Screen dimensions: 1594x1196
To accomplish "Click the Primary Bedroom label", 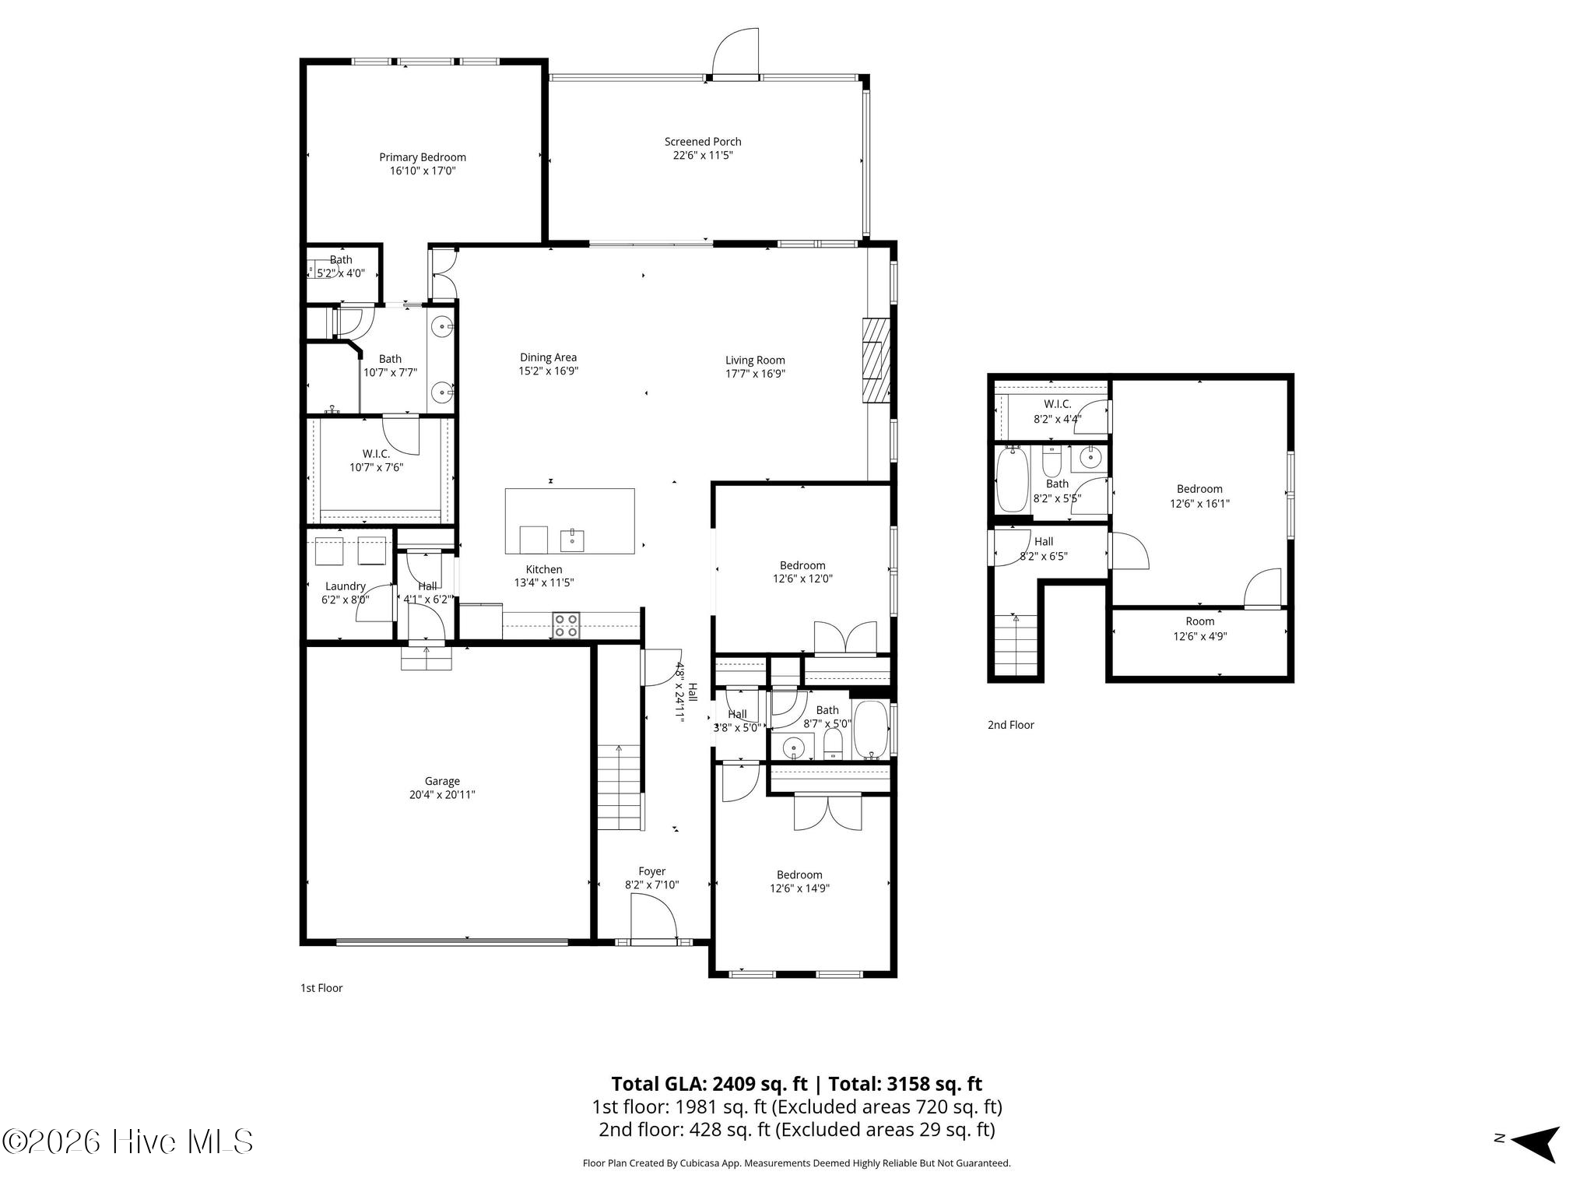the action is [x=423, y=157].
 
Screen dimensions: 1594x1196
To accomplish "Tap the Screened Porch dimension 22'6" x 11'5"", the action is [x=703, y=155].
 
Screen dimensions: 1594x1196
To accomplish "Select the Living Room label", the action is [x=755, y=361].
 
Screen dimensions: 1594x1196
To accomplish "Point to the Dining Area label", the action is [x=549, y=357].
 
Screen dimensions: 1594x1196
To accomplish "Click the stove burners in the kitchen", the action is [x=566, y=625].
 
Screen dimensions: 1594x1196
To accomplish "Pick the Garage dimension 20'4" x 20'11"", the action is [x=442, y=795].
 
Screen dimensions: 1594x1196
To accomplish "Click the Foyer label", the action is [x=652, y=872].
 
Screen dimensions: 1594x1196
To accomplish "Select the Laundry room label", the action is [x=346, y=586].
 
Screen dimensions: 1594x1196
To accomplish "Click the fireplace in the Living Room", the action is [x=876, y=361].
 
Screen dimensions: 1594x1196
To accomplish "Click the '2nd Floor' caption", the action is [x=1011, y=725].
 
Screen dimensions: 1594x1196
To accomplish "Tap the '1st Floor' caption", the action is [x=321, y=988].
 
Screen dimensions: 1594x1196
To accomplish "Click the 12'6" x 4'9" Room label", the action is [x=1199, y=629].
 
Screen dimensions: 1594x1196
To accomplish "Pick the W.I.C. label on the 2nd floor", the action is [x=1058, y=405].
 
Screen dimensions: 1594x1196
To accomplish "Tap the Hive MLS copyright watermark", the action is [x=128, y=1142].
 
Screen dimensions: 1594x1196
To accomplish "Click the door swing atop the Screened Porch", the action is [x=736, y=53].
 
